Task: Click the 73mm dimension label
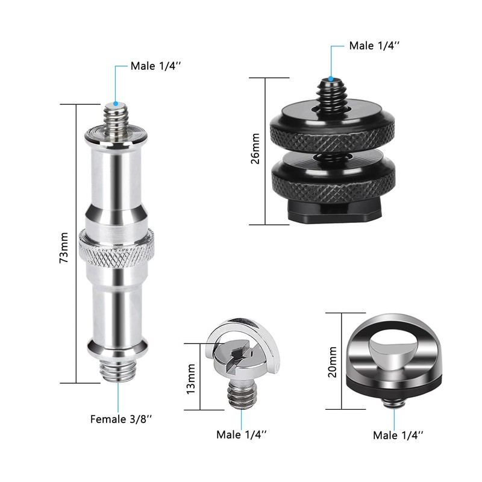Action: pyautogui.click(x=64, y=248)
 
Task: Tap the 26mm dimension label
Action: pyautogui.click(x=255, y=149)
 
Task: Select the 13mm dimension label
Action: pyautogui.click(x=191, y=379)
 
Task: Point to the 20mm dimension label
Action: pyautogui.click(x=333, y=362)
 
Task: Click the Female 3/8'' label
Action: pyautogui.click(x=121, y=419)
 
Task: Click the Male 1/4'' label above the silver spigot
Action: pyautogui.click(x=156, y=66)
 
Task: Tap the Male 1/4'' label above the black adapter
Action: pyautogui.click(x=374, y=46)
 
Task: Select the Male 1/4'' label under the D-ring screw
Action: pyautogui.click(x=242, y=434)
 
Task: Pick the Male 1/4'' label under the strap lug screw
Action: pyautogui.click(x=398, y=435)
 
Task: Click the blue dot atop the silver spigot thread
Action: pyautogui.click(x=116, y=104)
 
